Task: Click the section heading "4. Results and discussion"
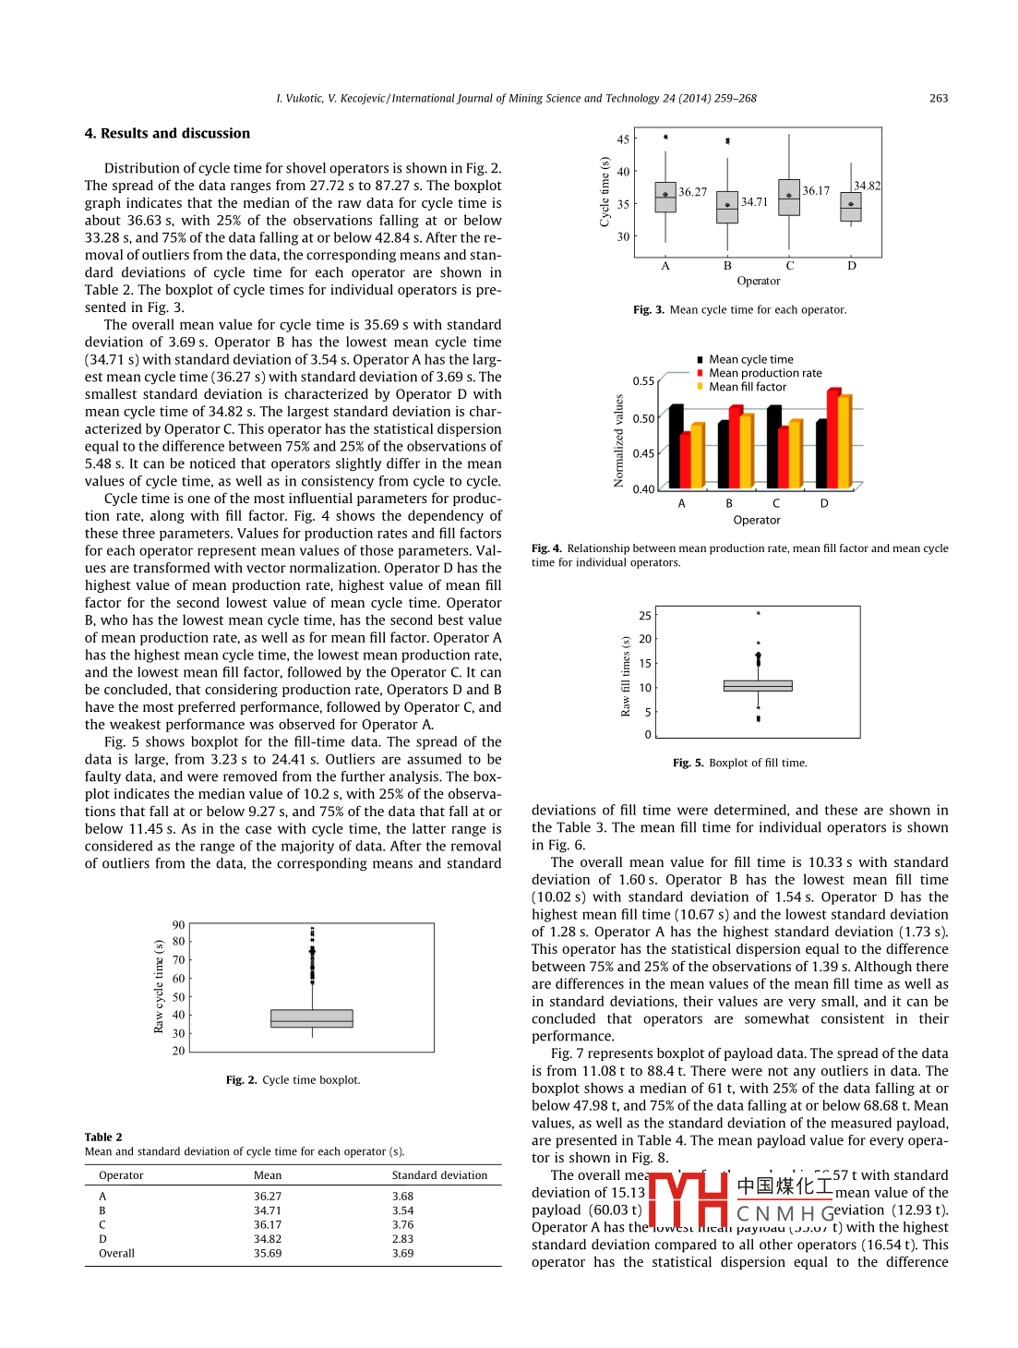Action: pos(167,134)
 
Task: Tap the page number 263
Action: pos(938,99)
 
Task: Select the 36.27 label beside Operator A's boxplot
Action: pos(692,193)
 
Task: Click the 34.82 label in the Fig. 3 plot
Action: pos(867,187)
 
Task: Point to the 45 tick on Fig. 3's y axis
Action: pos(623,140)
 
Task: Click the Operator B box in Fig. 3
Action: pos(727,208)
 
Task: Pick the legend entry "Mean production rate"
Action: pos(765,374)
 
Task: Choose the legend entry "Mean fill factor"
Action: pos(748,388)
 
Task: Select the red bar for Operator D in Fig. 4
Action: pos(832,439)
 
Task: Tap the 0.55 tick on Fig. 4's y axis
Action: pos(643,381)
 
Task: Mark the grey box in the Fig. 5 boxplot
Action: pos(758,686)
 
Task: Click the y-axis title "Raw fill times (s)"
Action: pos(626,677)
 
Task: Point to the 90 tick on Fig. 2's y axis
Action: pos(178,925)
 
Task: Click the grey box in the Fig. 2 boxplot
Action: pos(312,1018)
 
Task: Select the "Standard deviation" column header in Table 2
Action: pos(439,1176)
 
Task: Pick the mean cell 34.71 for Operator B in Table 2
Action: pos(268,1211)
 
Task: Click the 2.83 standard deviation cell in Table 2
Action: pos(402,1240)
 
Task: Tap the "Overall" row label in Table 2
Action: pos(116,1254)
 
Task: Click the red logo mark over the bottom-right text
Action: pos(689,1198)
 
